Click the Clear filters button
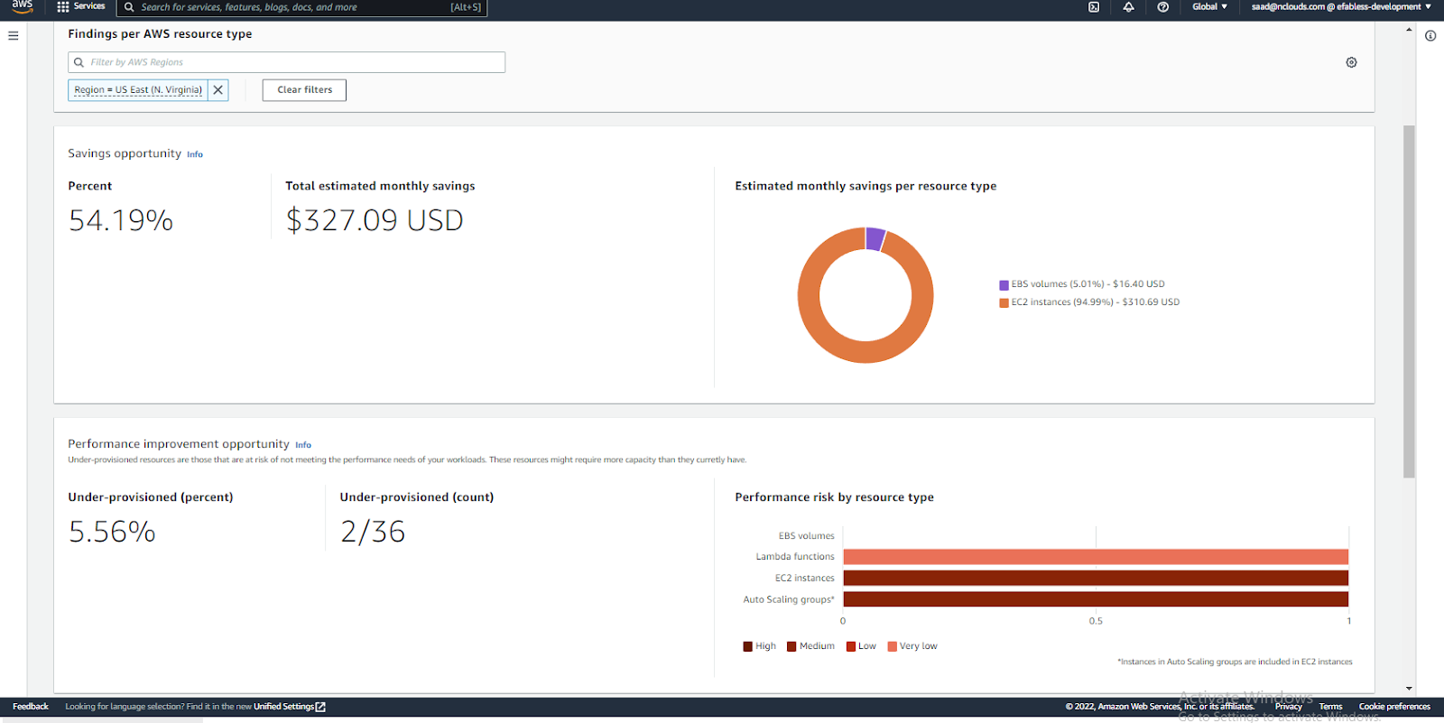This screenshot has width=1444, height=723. (x=304, y=90)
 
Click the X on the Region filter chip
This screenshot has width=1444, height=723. (x=218, y=90)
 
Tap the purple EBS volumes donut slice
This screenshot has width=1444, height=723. (x=875, y=239)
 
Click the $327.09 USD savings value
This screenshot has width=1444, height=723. (x=375, y=220)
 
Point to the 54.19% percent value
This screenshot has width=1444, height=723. (x=121, y=220)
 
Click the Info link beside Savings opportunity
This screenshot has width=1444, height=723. (x=195, y=154)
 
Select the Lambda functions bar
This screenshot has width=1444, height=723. (x=1095, y=557)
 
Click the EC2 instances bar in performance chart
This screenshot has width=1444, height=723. (x=1095, y=578)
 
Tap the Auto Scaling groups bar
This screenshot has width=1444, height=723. (x=1095, y=599)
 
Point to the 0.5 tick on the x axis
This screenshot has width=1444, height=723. (x=1096, y=621)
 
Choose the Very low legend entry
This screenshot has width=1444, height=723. (x=912, y=646)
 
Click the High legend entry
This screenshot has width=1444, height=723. (x=760, y=646)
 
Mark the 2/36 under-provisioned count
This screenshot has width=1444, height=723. (x=373, y=532)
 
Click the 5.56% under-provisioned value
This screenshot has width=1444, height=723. (x=112, y=532)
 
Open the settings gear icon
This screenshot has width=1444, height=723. (x=1351, y=62)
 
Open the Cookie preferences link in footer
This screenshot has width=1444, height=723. (x=1393, y=707)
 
